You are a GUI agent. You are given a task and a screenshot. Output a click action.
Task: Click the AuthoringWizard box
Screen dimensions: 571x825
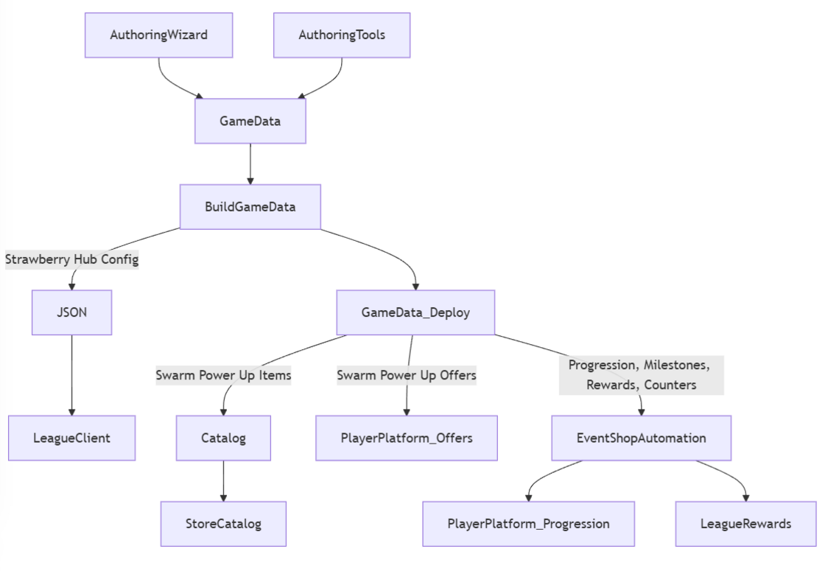(x=158, y=35)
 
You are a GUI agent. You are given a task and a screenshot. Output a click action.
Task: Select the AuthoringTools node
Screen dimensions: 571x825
(x=342, y=35)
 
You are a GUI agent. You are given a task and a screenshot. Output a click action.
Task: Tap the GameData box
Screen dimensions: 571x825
(x=250, y=121)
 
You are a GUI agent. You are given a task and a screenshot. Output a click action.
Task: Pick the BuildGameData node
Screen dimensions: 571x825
(x=250, y=206)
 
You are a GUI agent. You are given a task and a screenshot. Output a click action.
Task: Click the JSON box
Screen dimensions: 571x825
(x=71, y=312)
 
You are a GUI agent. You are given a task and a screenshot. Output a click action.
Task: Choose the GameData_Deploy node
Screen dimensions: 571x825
(x=415, y=312)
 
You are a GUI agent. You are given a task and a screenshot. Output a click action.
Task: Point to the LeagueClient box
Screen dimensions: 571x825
(x=71, y=438)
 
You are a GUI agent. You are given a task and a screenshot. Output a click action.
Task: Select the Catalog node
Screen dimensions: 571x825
(x=223, y=438)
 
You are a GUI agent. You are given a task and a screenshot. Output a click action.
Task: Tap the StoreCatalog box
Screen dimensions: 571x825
(x=223, y=524)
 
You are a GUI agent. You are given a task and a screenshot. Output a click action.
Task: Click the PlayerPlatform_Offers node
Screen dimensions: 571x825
(x=407, y=438)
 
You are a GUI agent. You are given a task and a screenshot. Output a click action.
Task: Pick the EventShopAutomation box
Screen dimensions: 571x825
(x=641, y=438)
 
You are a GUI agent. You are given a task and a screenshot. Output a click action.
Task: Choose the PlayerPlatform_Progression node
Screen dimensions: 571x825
(x=528, y=524)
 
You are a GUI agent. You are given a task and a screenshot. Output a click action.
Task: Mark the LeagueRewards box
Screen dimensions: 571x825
(x=745, y=524)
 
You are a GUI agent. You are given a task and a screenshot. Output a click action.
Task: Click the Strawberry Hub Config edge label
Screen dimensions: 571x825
(x=71, y=259)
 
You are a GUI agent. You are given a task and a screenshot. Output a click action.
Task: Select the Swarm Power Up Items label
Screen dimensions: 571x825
(x=223, y=375)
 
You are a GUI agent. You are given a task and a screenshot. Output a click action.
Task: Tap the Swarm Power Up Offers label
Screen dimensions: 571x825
(x=407, y=375)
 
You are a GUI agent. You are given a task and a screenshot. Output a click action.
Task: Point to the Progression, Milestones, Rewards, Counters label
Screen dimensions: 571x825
(x=641, y=375)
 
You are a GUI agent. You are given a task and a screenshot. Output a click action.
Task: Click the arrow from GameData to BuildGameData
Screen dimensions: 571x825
(x=250, y=164)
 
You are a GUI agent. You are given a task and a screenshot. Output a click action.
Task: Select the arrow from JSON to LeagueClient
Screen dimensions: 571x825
(x=71, y=375)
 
